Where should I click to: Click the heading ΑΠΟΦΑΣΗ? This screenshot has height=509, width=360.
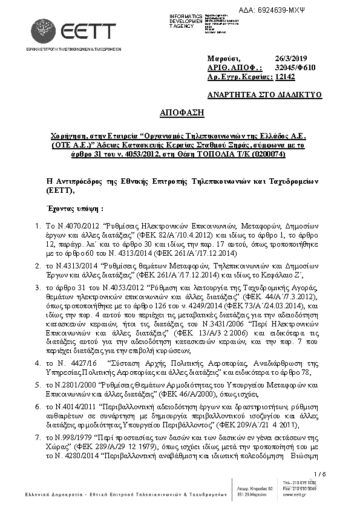coord(181,112)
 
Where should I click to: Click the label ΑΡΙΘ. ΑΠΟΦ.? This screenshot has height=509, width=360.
coord(234,68)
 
